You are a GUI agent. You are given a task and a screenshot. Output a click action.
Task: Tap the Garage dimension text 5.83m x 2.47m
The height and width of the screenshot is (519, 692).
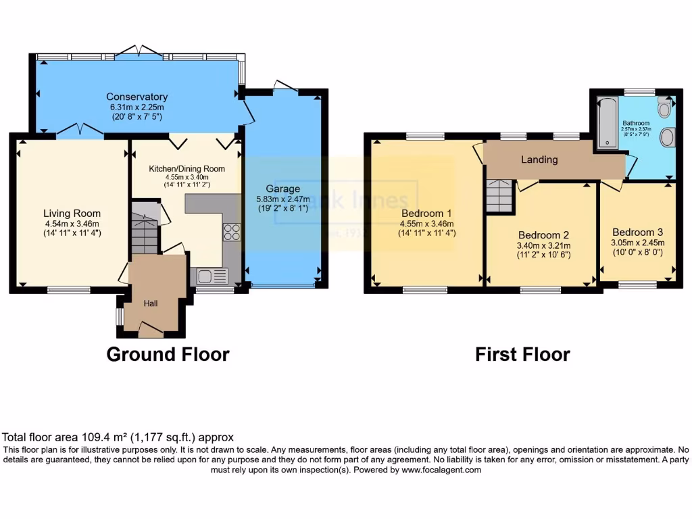pos(282,199)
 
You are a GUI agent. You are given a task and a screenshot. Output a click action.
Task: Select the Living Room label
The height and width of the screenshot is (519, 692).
pos(72,214)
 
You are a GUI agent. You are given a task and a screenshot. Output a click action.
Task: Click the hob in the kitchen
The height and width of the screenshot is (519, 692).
pos(232,232)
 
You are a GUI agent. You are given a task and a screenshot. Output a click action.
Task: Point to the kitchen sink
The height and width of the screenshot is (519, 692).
pos(212,275)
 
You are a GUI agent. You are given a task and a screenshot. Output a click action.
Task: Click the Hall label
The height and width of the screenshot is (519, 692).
pos(150,304)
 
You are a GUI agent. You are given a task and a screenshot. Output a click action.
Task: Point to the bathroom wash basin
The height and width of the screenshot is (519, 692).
pos(668,137)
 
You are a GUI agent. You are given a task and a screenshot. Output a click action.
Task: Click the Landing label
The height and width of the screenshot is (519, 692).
pos(539,159)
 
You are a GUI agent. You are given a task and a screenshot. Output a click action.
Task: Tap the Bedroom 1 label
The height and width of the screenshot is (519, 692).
pos(426,214)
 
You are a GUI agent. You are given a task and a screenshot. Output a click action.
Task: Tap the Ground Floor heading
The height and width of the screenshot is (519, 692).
pos(168,354)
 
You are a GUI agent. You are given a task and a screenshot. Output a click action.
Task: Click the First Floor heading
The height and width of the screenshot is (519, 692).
pos(522,354)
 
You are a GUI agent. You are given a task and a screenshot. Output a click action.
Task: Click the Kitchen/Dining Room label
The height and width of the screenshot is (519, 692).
pos(187,169)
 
